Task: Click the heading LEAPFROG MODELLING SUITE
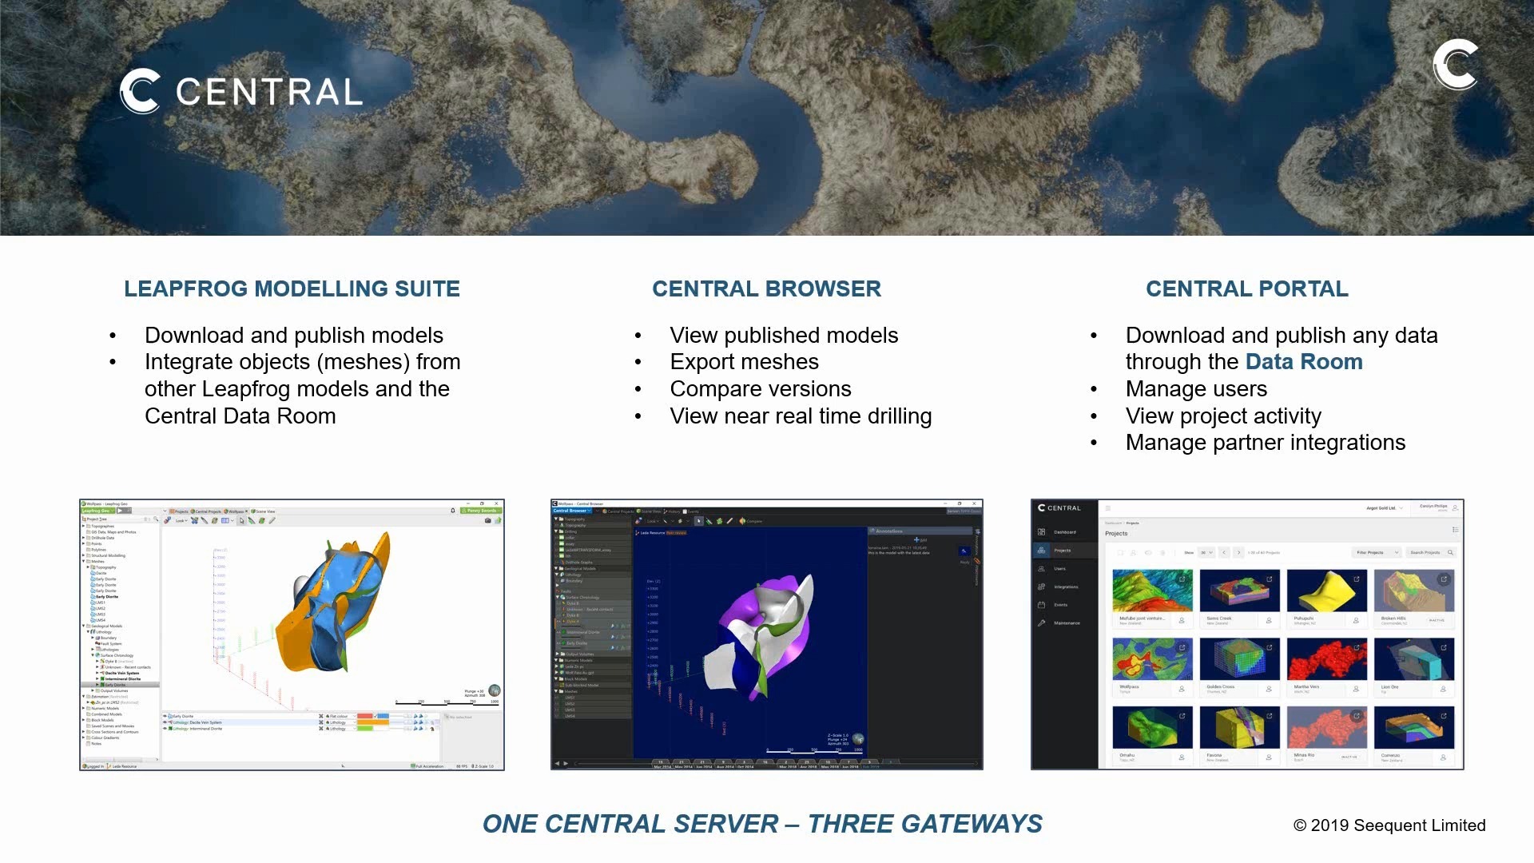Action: (292, 288)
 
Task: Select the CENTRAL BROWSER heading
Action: (766, 288)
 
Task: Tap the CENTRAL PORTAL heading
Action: (1246, 288)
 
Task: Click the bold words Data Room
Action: (1304, 362)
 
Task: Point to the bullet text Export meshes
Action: (744, 362)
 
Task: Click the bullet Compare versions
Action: (760, 389)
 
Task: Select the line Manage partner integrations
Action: (1265, 443)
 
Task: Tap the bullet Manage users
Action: (1196, 389)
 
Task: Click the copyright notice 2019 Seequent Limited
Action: (1389, 825)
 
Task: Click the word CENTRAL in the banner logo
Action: (268, 92)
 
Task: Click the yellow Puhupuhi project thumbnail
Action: (1326, 591)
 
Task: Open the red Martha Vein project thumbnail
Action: (1326, 658)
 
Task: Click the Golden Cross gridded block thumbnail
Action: (1239, 658)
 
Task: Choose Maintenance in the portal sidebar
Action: (1067, 623)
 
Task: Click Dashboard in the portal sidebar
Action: (1064, 532)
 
